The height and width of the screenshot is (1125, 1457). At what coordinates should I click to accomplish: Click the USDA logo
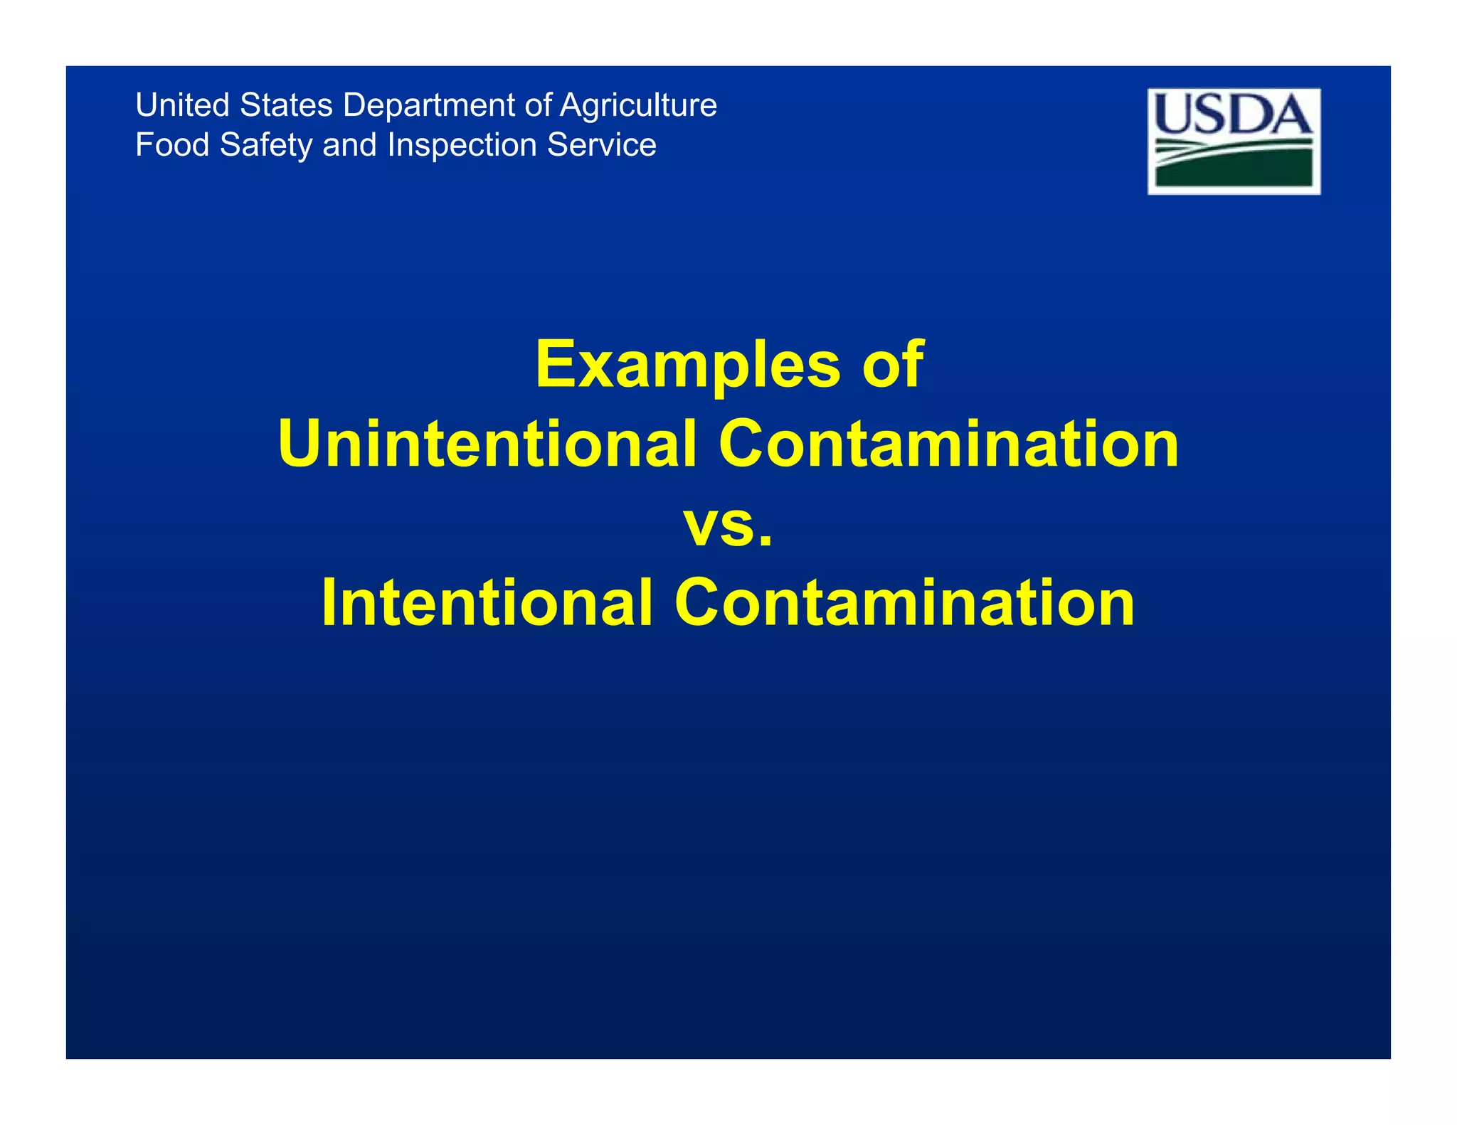click(x=1234, y=141)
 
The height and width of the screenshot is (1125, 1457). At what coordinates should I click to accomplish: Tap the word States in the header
click(x=286, y=105)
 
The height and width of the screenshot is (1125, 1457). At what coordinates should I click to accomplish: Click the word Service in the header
click(x=601, y=145)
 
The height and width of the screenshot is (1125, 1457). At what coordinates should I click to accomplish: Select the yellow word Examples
click(x=687, y=366)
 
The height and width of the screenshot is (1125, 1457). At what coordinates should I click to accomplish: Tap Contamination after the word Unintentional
click(x=948, y=444)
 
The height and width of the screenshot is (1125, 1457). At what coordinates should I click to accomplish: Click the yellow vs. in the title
click(x=728, y=526)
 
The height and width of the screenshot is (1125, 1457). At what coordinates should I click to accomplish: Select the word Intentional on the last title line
click(x=487, y=603)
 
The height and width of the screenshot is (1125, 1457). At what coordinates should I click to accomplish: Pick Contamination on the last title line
click(x=904, y=603)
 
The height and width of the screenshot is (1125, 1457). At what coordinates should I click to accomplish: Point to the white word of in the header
click(x=537, y=105)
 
